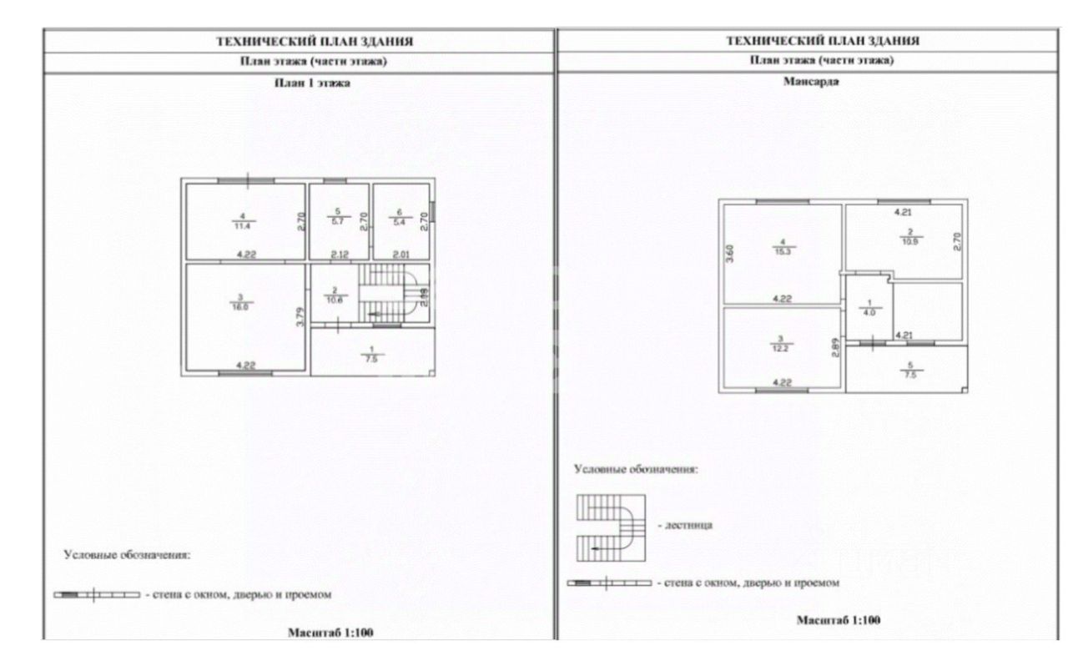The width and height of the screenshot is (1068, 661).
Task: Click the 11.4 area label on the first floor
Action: (244, 225)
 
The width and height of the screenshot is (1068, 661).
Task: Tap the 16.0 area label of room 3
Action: (244, 306)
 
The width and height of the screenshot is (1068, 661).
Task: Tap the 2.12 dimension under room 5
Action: (339, 255)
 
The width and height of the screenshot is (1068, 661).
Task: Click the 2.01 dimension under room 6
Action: (401, 255)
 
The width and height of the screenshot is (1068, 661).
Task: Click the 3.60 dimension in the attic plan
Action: (730, 254)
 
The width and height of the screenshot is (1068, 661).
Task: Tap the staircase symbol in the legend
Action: (611, 527)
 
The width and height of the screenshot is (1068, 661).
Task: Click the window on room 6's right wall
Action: (433, 216)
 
